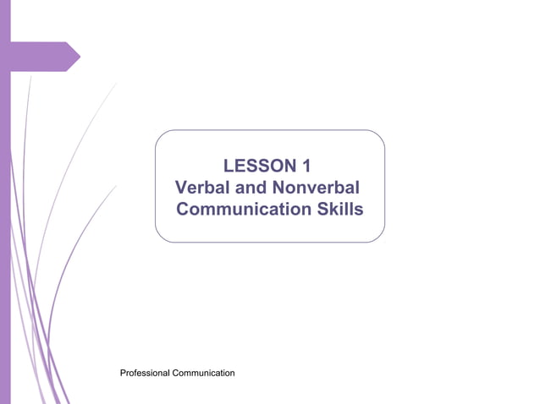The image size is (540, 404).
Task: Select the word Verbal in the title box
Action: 203,187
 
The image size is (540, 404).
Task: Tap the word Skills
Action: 339,209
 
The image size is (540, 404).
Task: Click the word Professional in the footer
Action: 146,373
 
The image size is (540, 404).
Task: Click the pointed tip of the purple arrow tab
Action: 80,57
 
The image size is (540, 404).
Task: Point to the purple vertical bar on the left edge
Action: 5,211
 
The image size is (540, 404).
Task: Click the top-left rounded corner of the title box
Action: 161,135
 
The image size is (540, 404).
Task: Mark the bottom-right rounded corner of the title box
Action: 379,237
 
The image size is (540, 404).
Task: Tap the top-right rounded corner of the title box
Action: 379,135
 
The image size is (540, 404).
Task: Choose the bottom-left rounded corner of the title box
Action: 161,237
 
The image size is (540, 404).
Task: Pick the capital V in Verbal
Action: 180,187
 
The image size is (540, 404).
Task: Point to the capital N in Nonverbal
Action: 282,187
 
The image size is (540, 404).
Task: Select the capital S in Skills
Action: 321,209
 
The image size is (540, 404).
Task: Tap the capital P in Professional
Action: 124,373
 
